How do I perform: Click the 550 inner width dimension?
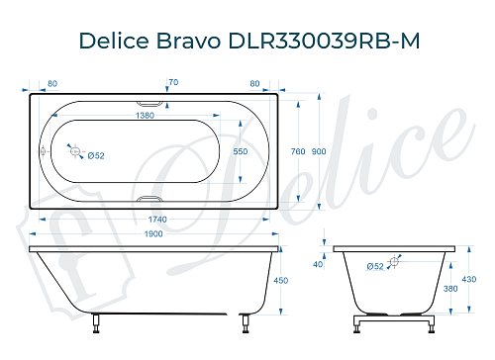[240, 151]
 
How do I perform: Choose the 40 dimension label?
[317, 264]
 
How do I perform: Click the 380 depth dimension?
[451, 290]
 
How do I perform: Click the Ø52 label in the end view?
[375, 267]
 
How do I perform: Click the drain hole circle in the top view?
[73, 150]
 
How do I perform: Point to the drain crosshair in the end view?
[394, 261]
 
